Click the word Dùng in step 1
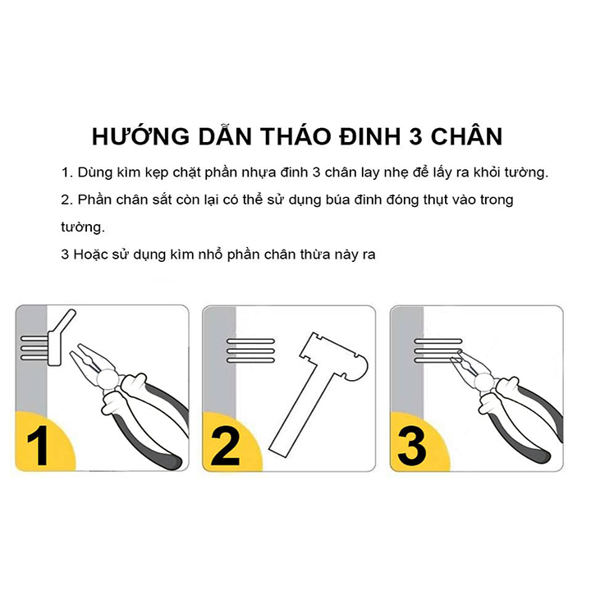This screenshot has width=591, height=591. click(x=94, y=173)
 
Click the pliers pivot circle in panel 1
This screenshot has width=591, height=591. click(x=108, y=378)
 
